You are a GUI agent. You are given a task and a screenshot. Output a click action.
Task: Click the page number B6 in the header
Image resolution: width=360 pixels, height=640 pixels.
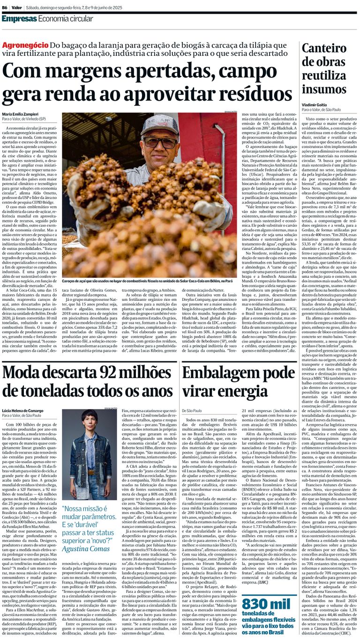coord(5,7)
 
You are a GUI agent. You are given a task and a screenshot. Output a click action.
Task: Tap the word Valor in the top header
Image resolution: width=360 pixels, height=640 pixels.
coord(17,7)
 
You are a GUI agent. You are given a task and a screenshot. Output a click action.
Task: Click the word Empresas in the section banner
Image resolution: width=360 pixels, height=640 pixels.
coord(18,19)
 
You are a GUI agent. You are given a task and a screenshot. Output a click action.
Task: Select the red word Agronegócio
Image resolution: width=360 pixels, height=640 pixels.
coord(25,45)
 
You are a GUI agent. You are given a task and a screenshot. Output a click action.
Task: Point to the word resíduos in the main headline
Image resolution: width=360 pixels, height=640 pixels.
coord(252,94)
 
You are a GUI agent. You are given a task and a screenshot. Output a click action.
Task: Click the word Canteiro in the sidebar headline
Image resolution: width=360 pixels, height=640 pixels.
coord(324,49)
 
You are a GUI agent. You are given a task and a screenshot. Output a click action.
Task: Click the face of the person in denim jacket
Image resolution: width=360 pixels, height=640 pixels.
coord(89,419)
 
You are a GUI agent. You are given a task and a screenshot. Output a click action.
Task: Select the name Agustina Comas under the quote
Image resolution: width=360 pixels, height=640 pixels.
coord(88,549)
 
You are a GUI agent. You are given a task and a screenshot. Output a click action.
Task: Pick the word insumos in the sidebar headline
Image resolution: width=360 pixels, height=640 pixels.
coord(323,89)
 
